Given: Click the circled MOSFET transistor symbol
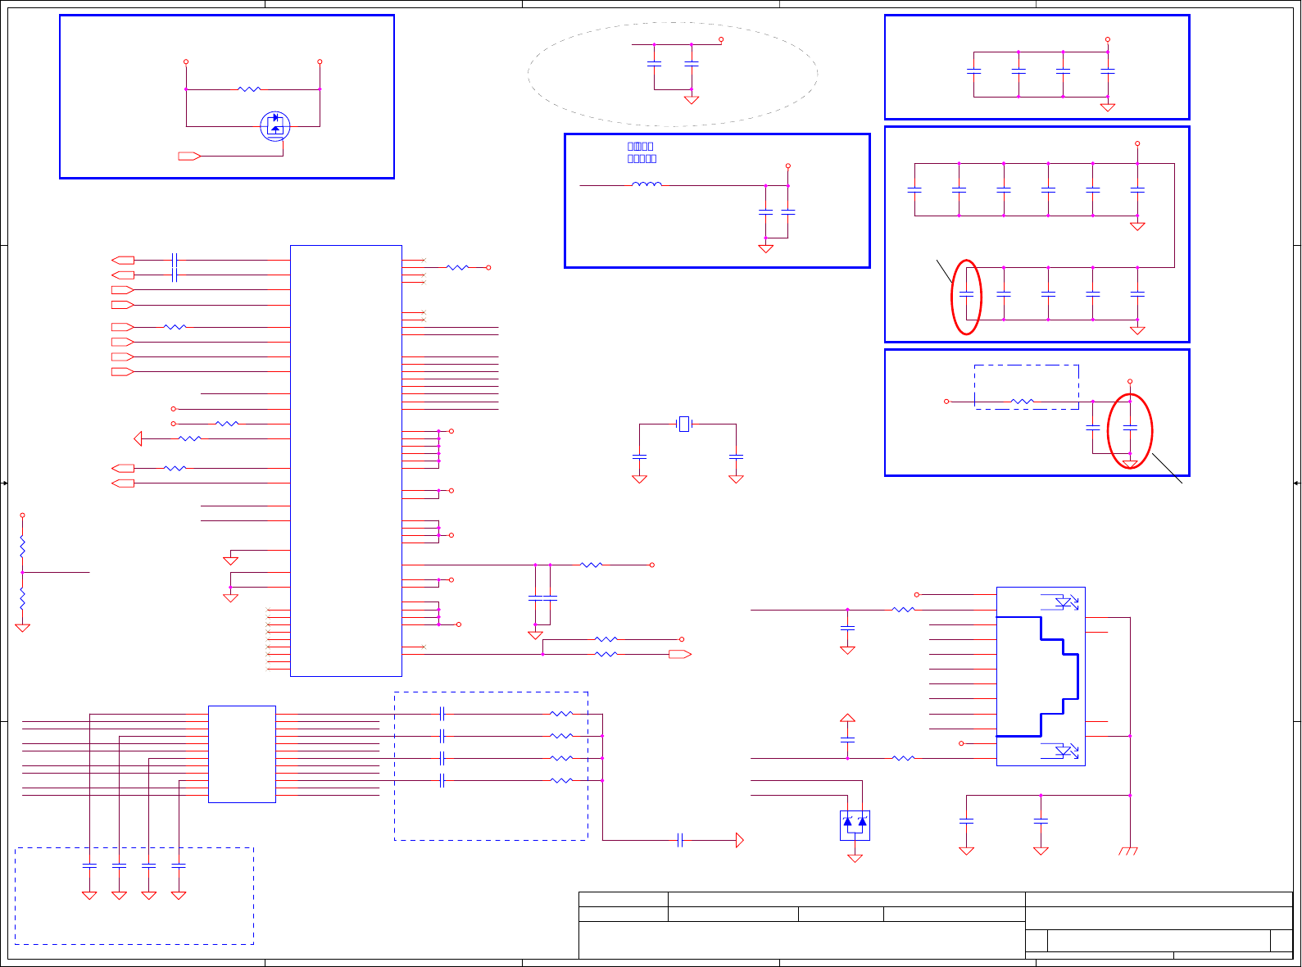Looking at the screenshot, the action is pyautogui.click(x=274, y=125).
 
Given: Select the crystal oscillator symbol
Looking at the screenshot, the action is pyautogui.click(x=684, y=424).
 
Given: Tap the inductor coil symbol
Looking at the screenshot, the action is pyautogui.click(x=646, y=185).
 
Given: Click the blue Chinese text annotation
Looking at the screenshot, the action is pyautogui.click(x=642, y=152).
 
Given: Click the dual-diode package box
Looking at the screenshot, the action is pyautogui.click(x=855, y=824).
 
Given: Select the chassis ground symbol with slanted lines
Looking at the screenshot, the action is pyautogui.click(x=1128, y=851).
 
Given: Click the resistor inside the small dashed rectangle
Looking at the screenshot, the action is pyautogui.click(x=1023, y=402).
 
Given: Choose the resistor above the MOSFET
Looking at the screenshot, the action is pyautogui.click(x=249, y=89).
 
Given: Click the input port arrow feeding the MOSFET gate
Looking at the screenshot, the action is pyautogui.click(x=189, y=156).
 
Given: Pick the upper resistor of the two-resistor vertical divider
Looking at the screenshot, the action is pyautogui.click(x=22, y=547).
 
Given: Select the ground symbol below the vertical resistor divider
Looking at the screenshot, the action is pyautogui.click(x=22, y=628).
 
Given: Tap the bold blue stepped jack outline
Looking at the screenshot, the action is pyautogui.click(x=1041, y=676).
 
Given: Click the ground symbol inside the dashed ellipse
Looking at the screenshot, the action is pyautogui.click(x=692, y=100).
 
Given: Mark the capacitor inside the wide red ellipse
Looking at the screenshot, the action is pyautogui.click(x=1130, y=428).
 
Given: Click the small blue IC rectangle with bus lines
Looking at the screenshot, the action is pyautogui.click(x=242, y=754).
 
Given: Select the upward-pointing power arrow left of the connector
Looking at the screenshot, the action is pyautogui.click(x=847, y=718).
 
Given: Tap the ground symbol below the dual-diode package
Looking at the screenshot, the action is pyautogui.click(x=855, y=858).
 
